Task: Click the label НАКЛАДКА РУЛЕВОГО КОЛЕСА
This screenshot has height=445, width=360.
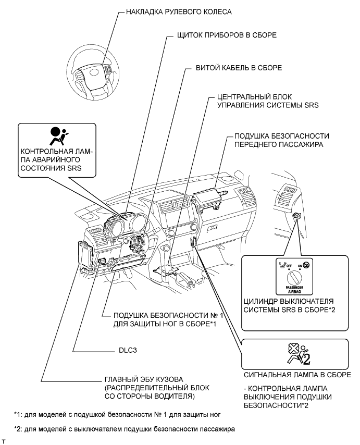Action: pyautogui.click(x=172, y=11)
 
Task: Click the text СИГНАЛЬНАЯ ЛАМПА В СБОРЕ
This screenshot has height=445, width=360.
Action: pyautogui.click(x=288, y=374)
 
